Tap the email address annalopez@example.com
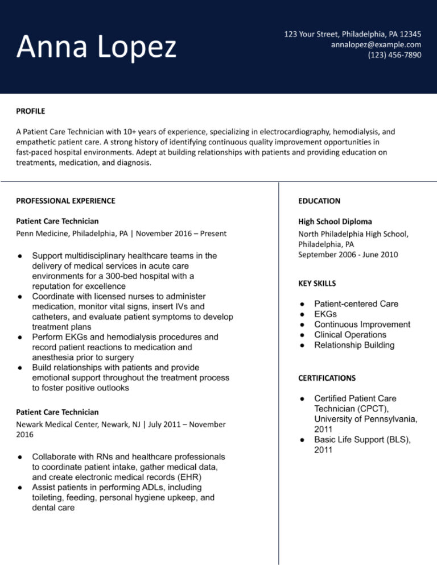coord(376,44)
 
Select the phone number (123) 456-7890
coord(394,55)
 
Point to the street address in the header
coord(353,34)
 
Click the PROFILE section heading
coord(31,111)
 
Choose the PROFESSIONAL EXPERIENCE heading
coord(65,201)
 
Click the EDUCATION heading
coord(319,201)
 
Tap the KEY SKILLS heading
coord(317,283)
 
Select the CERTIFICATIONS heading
coord(327,378)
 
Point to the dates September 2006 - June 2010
coord(348,255)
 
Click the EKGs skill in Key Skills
coord(325,314)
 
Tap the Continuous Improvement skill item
coord(362,325)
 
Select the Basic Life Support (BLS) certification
coord(362,440)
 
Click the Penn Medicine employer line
coord(121,233)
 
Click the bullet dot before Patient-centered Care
coord(303,304)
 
